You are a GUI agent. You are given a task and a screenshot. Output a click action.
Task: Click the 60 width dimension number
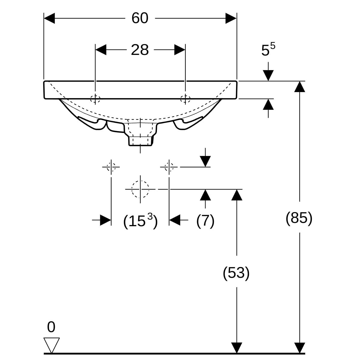tap(140, 18)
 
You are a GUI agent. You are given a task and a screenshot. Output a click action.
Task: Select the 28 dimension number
tap(140, 50)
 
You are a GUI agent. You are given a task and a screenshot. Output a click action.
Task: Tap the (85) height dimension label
tap(299, 218)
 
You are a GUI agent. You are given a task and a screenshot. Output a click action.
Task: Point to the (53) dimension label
tap(236, 273)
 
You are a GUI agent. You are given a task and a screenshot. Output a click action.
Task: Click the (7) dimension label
tap(205, 221)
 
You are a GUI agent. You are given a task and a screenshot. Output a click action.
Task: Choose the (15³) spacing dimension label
tap(140, 221)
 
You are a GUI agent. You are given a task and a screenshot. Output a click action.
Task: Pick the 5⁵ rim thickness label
tap(268, 50)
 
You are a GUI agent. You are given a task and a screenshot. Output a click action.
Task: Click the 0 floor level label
tap(51, 327)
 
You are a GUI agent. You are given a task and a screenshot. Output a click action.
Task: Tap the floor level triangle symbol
tap(52, 345)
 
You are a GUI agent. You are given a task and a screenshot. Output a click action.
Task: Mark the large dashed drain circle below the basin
tap(140, 189)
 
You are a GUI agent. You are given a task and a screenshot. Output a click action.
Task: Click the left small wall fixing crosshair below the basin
tap(111, 166)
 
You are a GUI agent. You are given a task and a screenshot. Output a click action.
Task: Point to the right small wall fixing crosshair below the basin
tap(169, 166)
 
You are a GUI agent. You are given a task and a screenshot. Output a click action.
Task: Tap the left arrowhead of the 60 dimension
tap(50, 18)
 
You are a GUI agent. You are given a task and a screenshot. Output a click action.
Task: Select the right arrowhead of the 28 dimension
tap(179, 50)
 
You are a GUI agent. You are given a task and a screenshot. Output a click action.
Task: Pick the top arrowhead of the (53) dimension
tap(237, 195)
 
